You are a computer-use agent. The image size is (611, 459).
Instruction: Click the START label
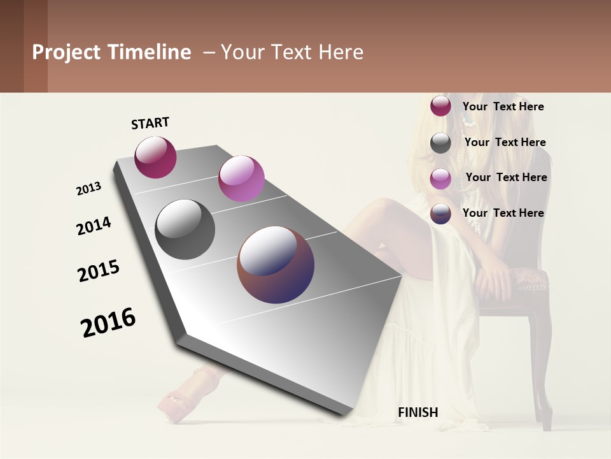click(x=150, y=123)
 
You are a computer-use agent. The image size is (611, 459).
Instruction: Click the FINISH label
click(x=418, y=412)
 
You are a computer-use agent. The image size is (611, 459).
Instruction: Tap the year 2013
click(x=88, y=189)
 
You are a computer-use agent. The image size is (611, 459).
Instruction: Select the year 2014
click(x=94, y=226)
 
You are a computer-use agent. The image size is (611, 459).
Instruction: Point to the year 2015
click(x=99, y=271)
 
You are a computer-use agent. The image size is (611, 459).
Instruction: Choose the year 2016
click(x=108, y=323)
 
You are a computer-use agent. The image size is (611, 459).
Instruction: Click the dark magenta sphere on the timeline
click(x=155, y=157)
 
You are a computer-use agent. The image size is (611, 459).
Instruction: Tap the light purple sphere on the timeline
click(x=241, y=178)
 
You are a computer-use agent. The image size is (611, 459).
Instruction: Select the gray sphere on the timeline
click(x=185, y=229)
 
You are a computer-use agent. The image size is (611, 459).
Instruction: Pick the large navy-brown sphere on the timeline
click(x=276, y=265)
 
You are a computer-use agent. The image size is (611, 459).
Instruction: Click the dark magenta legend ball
click(x=440, y=106)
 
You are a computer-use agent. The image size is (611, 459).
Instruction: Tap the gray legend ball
click(x=440, y=143)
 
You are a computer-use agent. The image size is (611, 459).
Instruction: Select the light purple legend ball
click(x=440, y=178)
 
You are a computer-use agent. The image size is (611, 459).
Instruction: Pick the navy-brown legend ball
click(x=440, y=214)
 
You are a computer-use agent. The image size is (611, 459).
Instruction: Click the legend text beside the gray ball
click(x=505, y=142)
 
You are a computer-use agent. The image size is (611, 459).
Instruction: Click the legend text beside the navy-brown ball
click(x=503, y=213)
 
